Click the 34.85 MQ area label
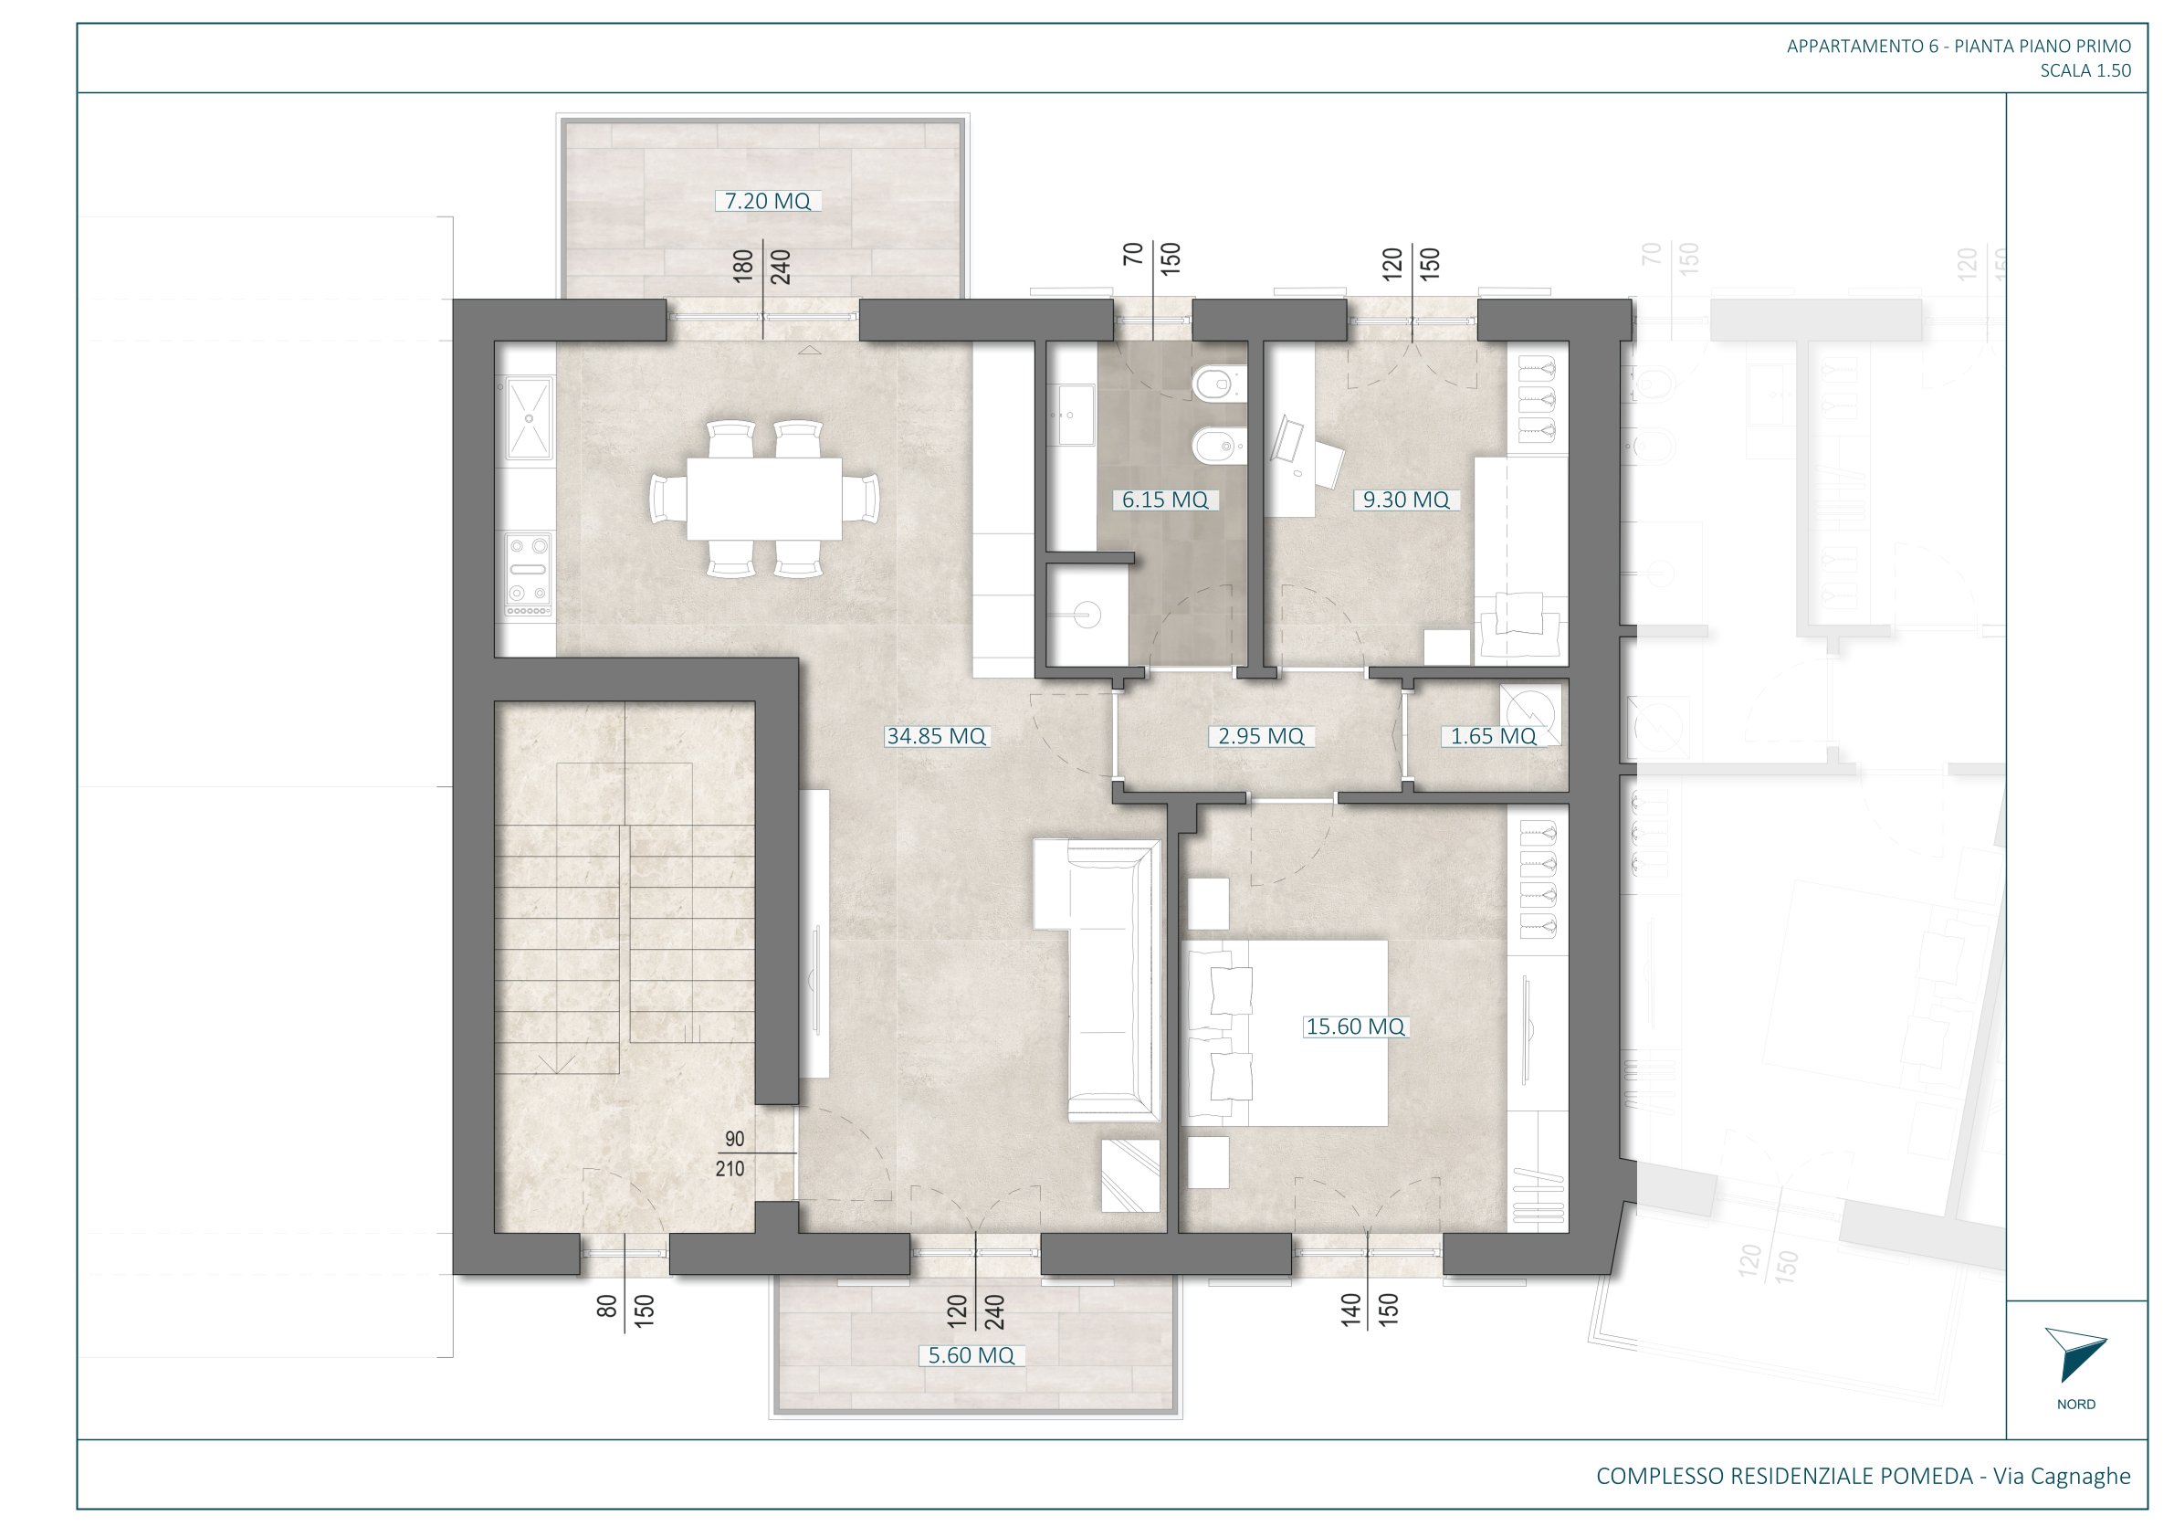(936, 736)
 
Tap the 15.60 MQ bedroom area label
(1355, 1026)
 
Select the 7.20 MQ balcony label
(767, 201)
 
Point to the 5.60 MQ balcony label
(971, 1355)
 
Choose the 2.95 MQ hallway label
(1260, 736)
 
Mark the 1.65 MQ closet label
(1493, 736)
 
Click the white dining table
(764, 498)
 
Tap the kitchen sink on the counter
(528, 418)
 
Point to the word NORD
(2076, 1405)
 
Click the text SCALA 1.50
(2086, 70)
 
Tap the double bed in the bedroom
(1285, 1032)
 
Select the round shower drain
(1089, 615)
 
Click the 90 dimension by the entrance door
(735, 1139)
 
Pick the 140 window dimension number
(1350, 1308)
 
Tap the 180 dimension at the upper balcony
(743, 265)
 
